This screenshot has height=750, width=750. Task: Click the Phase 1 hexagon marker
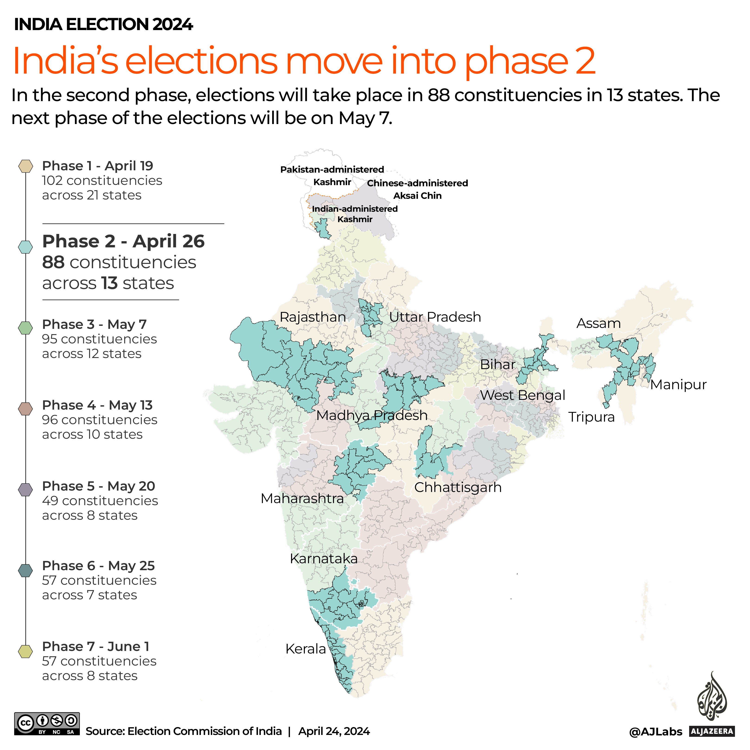tap(26, 166)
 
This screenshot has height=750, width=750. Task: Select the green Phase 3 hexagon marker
tap(26, 328)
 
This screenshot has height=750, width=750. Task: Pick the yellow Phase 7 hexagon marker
tap(26, 651)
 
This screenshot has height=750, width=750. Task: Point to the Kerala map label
tap(305, 649)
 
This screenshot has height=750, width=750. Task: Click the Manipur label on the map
tap(678, 384)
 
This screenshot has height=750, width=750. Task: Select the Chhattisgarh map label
tap(458, 487)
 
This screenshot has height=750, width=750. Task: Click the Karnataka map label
tap(324, 558)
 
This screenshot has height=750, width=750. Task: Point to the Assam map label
tap(598, 323)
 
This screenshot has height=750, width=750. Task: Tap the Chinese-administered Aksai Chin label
tap(417, 189)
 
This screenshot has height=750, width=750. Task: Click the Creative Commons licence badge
tap(47, 724)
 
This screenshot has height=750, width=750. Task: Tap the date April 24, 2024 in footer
tap(334, 731)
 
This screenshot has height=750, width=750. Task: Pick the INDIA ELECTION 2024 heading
tap(103, 25)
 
